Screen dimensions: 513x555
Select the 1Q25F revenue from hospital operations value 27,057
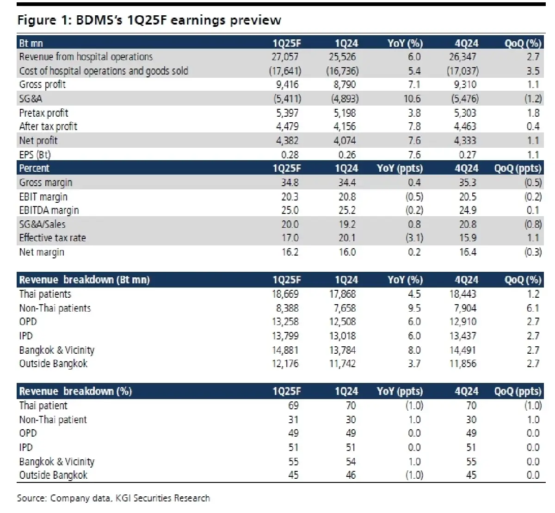[x=285, y=57]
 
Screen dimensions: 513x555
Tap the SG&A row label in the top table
[x=31, y=99]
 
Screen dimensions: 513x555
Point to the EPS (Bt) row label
[x=35, y=155]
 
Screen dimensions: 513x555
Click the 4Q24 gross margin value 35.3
[x=468, y=182]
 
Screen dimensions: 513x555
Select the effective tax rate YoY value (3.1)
[x=413, y=238]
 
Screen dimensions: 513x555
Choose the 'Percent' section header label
[x=34, y=168]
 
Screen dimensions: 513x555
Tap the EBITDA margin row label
[x=49, y=210]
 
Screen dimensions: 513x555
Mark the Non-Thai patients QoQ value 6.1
[x=533, y=308]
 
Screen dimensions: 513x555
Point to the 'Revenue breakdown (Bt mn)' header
[x=84, y=280]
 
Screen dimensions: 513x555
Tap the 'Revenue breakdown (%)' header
[x=75, y=391]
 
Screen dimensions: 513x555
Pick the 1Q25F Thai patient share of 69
[x=293, y=406]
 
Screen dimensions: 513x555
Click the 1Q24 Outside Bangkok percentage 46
[x=351, y=475]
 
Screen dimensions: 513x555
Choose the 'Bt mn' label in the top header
[x=31, y=43]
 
